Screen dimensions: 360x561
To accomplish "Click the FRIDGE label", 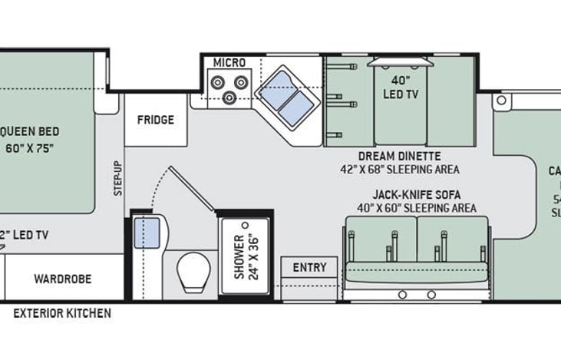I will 155,120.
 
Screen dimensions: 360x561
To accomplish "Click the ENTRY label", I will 309,268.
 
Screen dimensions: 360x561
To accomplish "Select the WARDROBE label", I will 63,278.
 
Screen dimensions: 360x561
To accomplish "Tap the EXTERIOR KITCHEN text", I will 62,313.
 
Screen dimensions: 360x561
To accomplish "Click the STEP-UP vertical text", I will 117,178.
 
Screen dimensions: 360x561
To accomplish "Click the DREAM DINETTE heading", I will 399,156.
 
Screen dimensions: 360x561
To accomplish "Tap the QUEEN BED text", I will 31,131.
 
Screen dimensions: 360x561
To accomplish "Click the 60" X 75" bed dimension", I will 31,148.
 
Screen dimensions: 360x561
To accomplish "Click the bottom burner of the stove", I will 229,98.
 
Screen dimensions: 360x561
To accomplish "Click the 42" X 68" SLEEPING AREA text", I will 400,169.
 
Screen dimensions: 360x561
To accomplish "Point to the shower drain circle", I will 246,225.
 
